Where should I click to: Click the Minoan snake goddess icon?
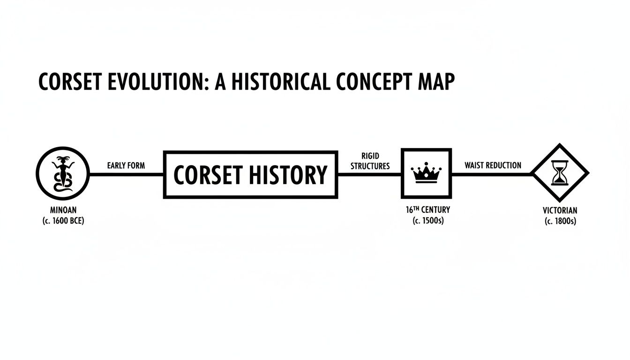pyautogui.click(x=63, y=174)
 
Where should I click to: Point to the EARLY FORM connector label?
pyautogui.click(x=126, y=165)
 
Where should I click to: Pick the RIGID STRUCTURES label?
pyautogui.click(x=370, y=161)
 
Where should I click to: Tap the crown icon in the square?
pyautogui.click(x=426, y=173)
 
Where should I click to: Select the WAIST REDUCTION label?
pyautogui.click(x=493, y=165)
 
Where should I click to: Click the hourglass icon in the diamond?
pyautogui.click(x=560, y=173)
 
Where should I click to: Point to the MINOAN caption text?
pyautogui.click(x=63, y=210)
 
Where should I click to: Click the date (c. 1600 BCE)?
pyautogui.click(x=63, y=220)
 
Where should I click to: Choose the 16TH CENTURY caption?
pyautogui.click(x=427, y=210)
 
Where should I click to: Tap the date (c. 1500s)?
pyautogui.click(x=427, y=220)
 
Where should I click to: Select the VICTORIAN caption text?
pyautogui.click(x=560, y=210)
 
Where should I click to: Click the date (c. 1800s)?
pyautogui.click(x=560, y=221)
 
